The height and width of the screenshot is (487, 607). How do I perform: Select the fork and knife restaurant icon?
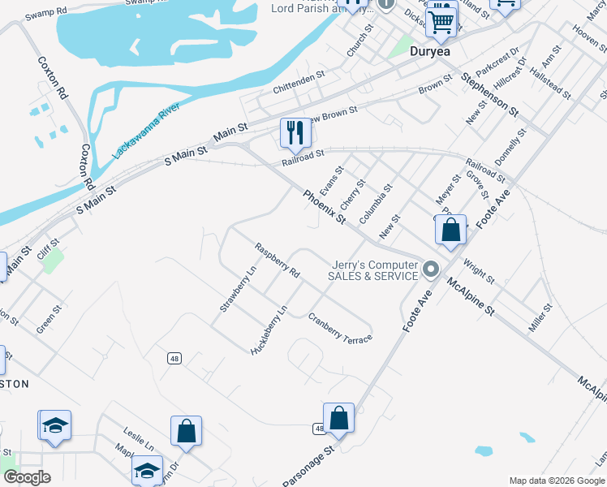(295, 133)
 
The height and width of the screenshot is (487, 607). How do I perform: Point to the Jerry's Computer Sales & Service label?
(372, 270)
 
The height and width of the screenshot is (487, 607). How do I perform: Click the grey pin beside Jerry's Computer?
(431, 269)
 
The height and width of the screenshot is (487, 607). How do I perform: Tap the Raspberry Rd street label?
(277, 261)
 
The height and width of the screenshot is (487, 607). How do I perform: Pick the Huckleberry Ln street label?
(270, 329)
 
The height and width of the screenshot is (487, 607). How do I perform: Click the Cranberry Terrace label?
(339, 328)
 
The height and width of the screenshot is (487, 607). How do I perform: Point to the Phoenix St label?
(325, 206)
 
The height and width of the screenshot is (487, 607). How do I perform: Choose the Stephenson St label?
(489, 93)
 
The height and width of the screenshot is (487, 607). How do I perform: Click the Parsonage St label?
(308, 464)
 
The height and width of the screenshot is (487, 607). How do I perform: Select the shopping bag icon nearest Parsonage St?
(339, 419)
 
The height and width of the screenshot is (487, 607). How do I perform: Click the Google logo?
(26, 476)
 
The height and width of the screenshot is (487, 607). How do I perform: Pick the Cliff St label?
(49, 243)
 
